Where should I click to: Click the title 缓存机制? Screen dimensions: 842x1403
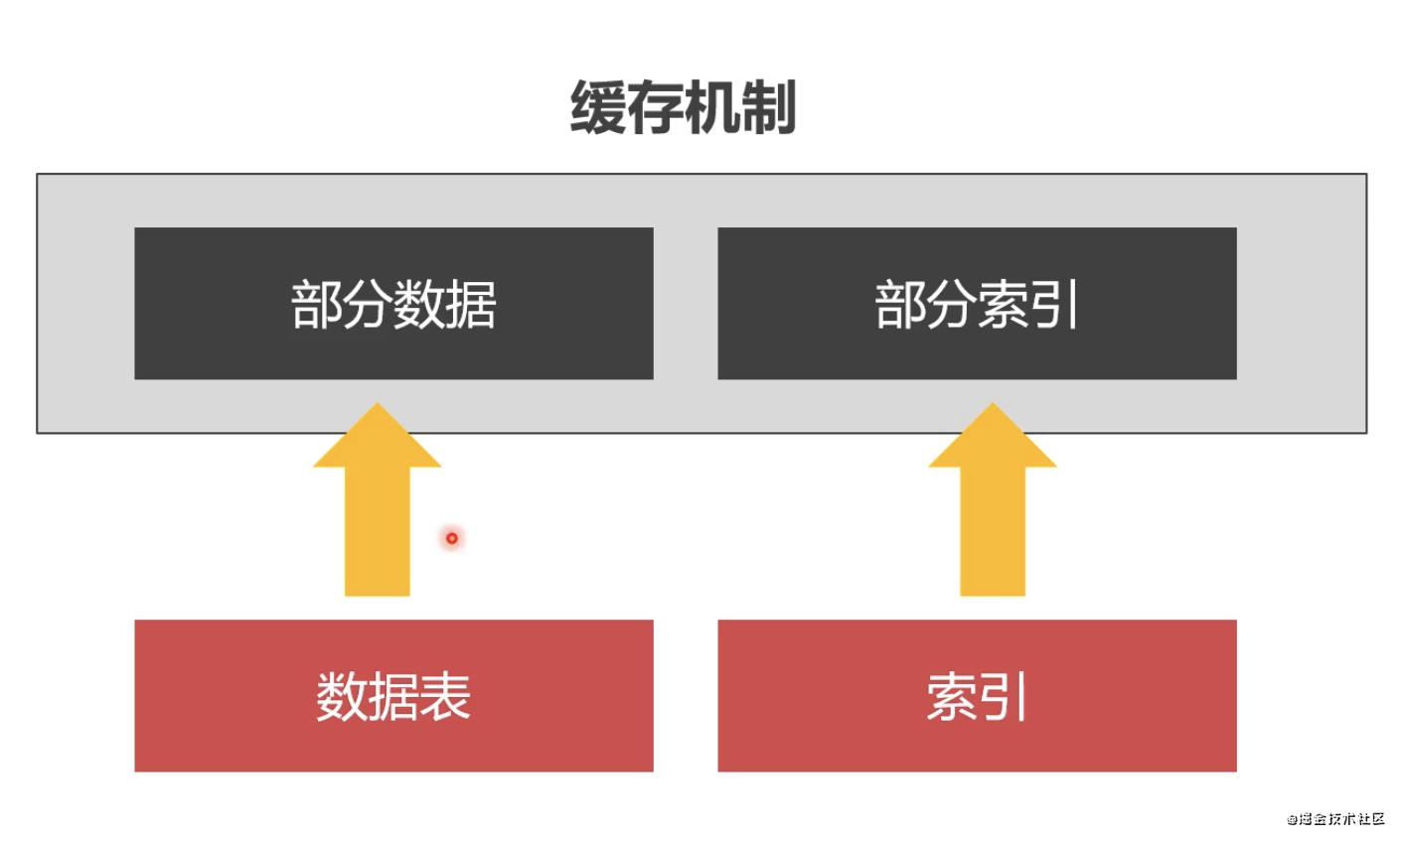coord(683,106)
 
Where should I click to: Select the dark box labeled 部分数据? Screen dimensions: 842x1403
coord(393,303)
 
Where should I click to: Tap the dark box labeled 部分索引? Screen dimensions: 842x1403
coord(977,303)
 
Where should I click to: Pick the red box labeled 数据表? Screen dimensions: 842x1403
coord(393,695)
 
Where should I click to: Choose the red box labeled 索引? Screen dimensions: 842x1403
coord(977,695)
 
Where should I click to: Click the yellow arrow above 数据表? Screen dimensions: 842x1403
coord(378,516)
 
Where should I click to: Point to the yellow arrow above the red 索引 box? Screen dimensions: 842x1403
coord(993,516)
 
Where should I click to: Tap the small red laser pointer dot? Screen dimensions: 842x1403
coord(452,538)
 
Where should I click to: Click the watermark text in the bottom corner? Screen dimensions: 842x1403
coord(1335,818)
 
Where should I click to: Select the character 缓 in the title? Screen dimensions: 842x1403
coord(598,106)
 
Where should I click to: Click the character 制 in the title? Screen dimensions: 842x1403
coord(768,106)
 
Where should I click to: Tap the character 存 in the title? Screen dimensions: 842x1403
coord(655,106)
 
